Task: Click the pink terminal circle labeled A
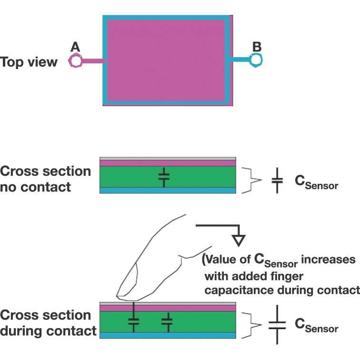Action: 76,60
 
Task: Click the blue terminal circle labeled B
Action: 256,60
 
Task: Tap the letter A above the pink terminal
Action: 75,47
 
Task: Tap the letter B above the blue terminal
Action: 257,46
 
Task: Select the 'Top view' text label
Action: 29,62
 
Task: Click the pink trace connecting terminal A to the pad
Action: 93,61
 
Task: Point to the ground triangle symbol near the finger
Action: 238,240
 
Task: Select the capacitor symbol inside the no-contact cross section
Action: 164,177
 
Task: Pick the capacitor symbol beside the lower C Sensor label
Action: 277,325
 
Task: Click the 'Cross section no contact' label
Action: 46,179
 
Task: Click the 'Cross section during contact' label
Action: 48,323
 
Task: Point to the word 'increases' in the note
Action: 329,260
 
